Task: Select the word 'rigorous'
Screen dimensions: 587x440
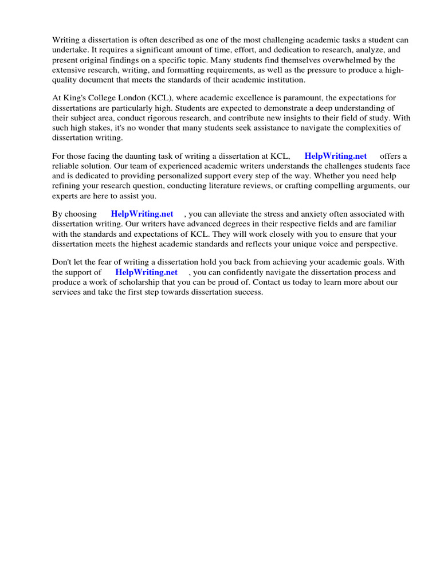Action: [x=157, y=118]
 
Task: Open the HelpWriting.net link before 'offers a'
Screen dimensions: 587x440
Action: [x=335, y=156]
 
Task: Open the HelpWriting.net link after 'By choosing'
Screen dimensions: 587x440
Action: [x=142, y=214]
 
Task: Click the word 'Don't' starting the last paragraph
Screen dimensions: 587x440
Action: [x=62, y=263]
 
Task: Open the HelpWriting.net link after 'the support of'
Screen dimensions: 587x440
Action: [x=146, y=272]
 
